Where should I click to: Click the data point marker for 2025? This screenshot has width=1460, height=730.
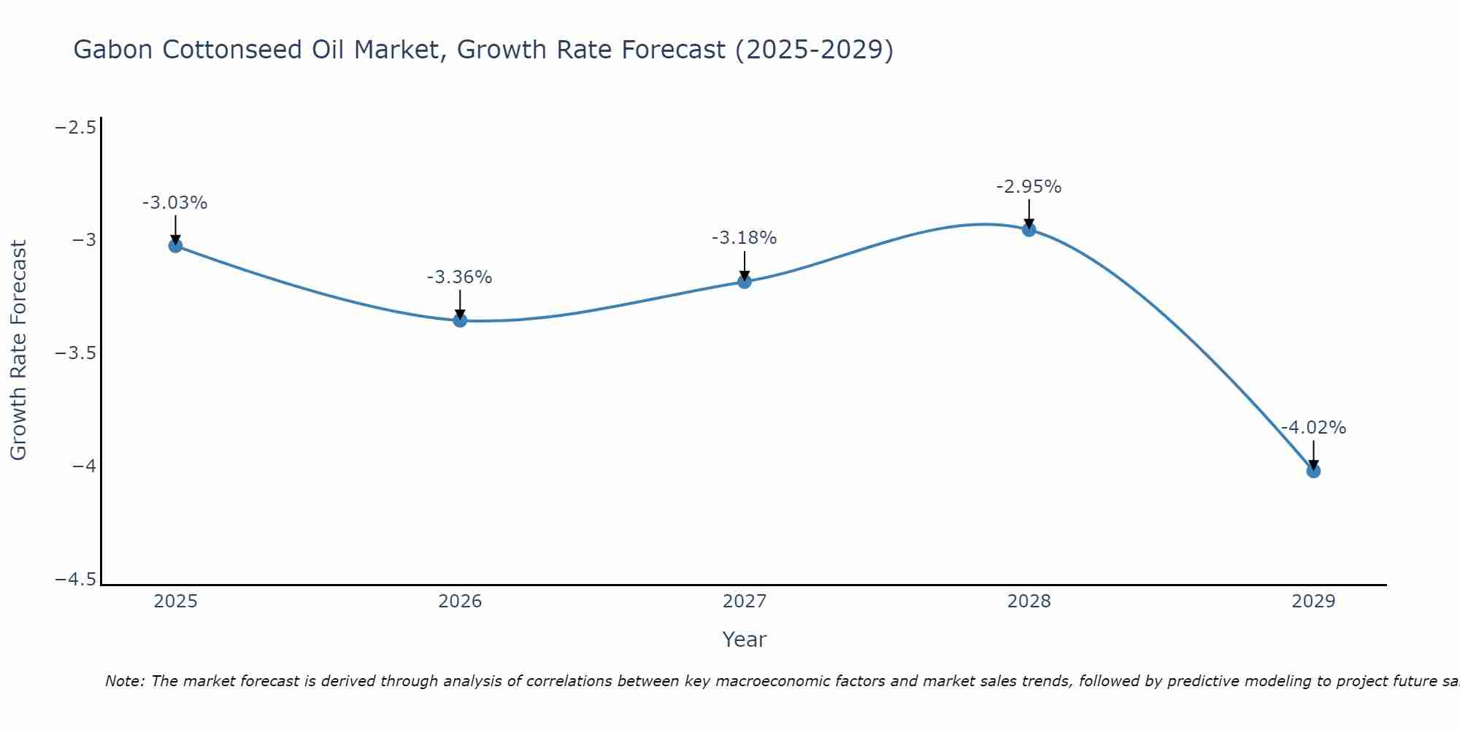[x=175, y=246]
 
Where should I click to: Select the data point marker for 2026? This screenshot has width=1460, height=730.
[x=460, y=320]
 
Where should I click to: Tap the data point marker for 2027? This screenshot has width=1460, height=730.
[x=745, y=282]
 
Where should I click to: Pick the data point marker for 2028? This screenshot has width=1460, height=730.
[x=1029, y=230]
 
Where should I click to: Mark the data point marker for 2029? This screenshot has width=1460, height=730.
[x=1313, y=471]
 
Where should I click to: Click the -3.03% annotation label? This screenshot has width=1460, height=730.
[x=175, y=203]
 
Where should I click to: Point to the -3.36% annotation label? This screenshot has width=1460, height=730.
[x=460, y=277]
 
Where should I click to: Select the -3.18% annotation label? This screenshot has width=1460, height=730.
[x=745, y=238]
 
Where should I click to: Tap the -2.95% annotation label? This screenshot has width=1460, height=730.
[x=1029, y=187]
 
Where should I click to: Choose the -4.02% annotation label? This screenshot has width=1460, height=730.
[x=1313, y=428]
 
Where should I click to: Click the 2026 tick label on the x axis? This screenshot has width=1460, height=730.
[x=460, y=602]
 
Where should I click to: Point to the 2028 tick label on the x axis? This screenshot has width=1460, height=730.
[x=1029, y=602]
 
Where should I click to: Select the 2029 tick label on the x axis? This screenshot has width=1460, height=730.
[x=1313, y=602]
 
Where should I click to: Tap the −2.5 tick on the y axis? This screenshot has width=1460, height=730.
[x=76, y=128]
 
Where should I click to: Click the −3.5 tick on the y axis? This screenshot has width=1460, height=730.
[x=76, y=353]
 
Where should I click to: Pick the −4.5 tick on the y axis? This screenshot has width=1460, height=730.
[x=76, y=579]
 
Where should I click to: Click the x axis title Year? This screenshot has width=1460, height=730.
[x=745, y=639]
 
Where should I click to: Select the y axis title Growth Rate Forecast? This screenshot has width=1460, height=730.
[x=19, y=350]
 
